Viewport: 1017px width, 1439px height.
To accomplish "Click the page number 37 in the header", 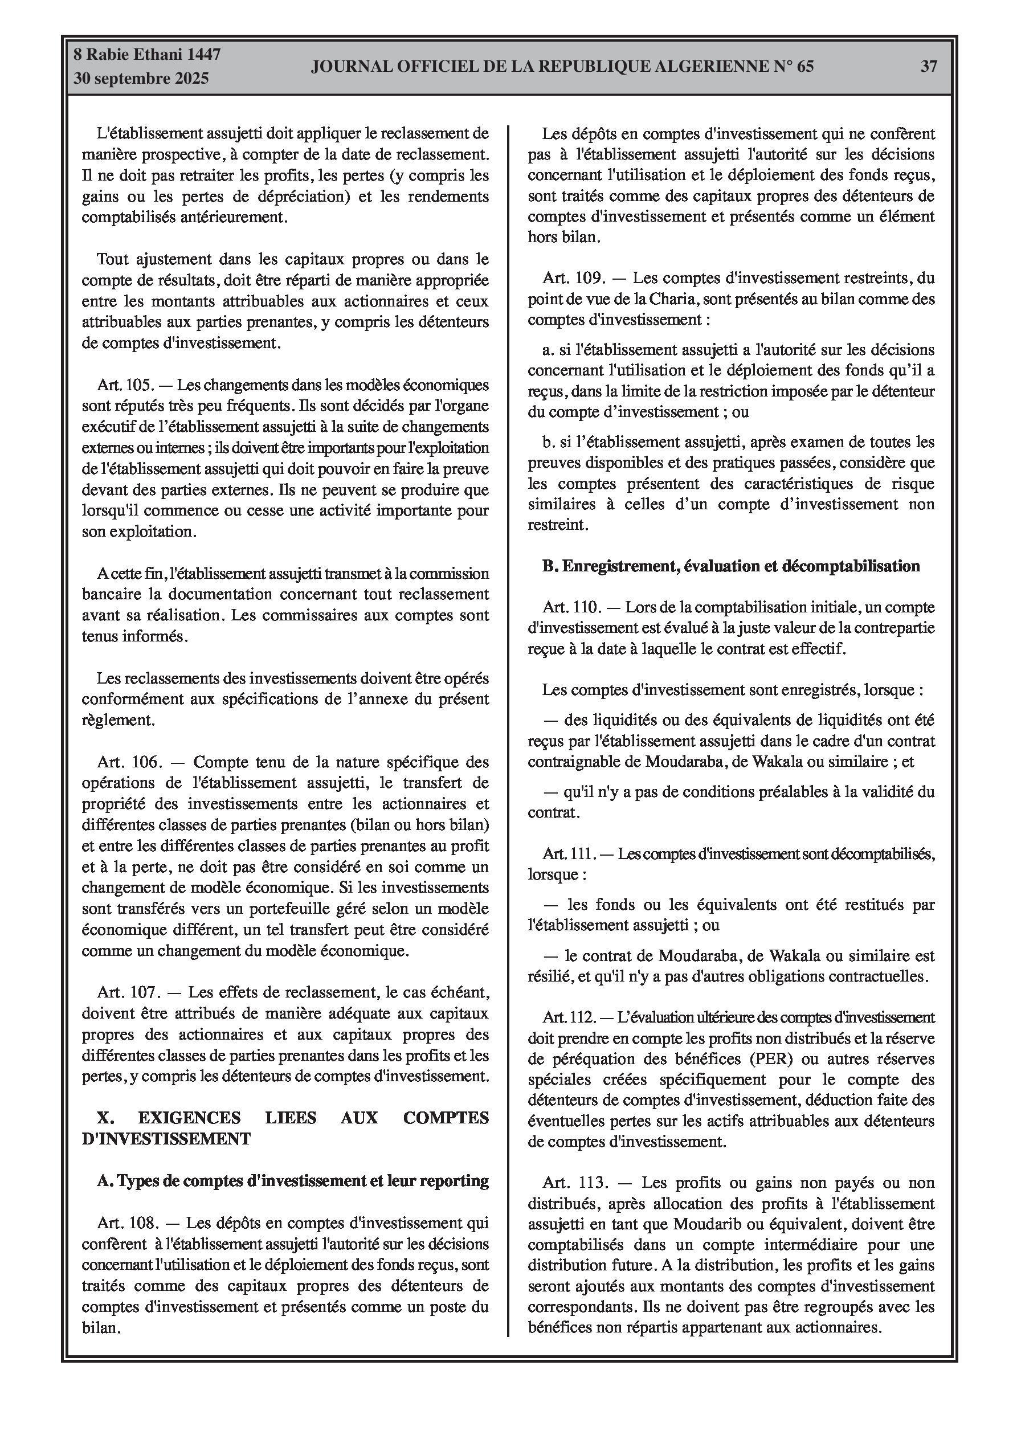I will [x=928, y=67].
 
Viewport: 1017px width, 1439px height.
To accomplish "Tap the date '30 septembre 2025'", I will [x=141, y=79].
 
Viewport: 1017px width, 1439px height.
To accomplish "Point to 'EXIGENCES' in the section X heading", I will [x=189, y=1118].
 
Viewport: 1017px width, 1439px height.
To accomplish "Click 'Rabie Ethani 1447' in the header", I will [x=153, y=55].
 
